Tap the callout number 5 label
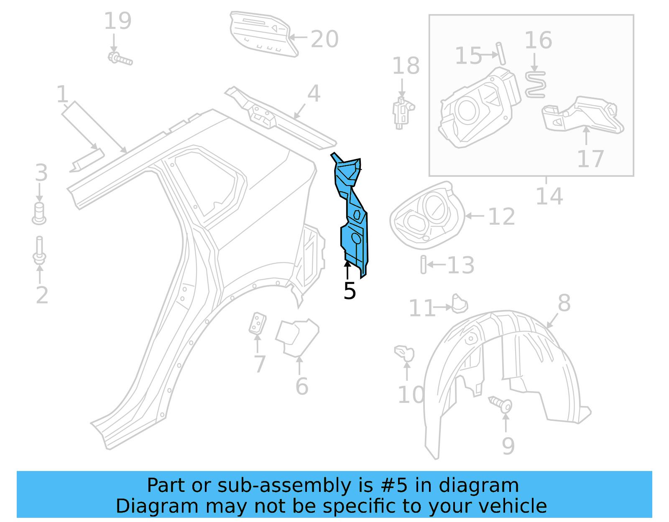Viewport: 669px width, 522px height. (x=350, y=291)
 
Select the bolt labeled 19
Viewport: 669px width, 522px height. (x=120, y=59)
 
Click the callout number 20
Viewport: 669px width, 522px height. (x=324, y=40)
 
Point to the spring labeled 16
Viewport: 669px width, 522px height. (x=535, y=84)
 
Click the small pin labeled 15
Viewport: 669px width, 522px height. (x=501, y=53)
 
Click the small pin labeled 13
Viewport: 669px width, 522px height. (x=424, y=265)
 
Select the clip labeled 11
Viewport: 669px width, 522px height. (x=460, y=304)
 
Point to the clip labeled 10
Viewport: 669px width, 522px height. (x=405, y=353)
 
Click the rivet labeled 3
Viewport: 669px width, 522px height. (x=39, y=214)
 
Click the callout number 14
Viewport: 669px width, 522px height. (x=549, y=196)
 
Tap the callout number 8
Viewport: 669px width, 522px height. (x=564, y=303)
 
